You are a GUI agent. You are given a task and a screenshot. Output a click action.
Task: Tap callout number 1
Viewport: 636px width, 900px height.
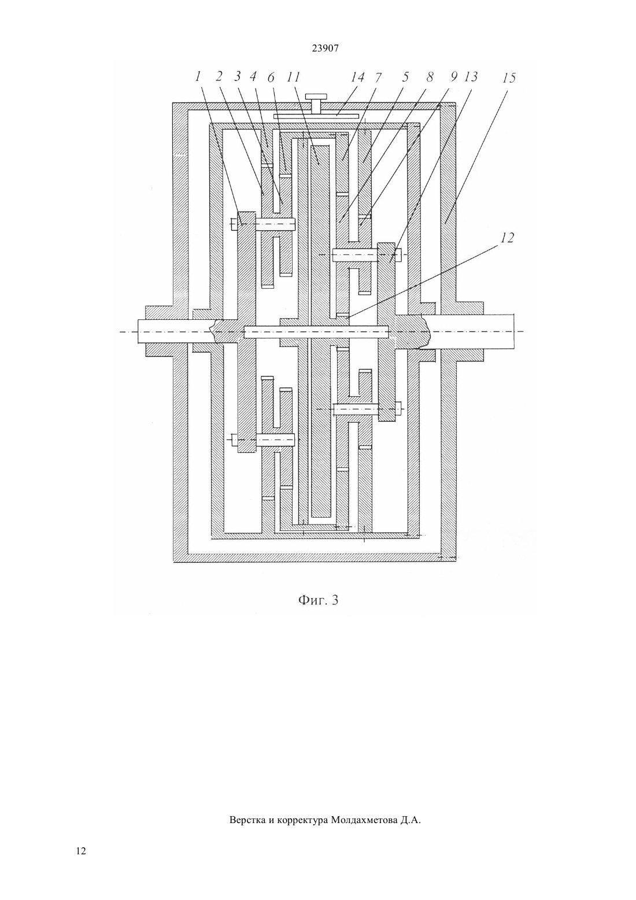197,76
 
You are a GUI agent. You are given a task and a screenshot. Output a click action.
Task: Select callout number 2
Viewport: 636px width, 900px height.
219,76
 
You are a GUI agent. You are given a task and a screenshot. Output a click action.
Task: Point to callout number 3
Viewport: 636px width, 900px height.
238,76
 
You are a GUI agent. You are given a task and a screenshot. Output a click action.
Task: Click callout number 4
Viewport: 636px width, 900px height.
254,76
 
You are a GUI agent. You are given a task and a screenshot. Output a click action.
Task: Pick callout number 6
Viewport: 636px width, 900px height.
271,77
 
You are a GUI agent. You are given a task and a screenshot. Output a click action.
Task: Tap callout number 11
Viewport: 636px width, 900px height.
294,77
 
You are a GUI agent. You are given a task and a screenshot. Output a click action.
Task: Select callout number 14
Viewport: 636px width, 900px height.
357,77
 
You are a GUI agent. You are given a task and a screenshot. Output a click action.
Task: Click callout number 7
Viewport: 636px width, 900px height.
379,77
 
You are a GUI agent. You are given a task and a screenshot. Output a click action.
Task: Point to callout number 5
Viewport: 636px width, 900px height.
405,77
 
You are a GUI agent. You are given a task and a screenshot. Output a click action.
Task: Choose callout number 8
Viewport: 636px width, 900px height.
430,77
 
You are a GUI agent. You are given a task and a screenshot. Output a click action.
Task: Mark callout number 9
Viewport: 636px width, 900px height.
453,77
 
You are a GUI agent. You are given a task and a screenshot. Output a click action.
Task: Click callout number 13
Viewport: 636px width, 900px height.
471,77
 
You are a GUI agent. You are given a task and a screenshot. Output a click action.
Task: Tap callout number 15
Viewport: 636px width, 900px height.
509,78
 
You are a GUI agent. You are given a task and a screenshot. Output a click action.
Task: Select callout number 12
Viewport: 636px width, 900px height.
507,238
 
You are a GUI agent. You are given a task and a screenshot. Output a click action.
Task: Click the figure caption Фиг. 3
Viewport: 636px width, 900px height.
318,600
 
